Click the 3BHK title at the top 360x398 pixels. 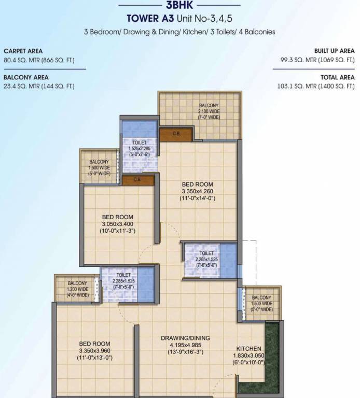click(179, 6)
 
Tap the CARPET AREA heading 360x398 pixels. click(23, 51)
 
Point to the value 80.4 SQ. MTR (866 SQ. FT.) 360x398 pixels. click(39, 60)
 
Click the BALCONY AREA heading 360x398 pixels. click(26, 77)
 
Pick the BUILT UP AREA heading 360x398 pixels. click(334, 51)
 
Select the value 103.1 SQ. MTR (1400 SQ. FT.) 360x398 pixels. click(316, 86)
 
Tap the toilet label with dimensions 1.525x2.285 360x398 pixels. click(139, 148)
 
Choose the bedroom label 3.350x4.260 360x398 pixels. click(197, 191)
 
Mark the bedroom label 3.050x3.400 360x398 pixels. click(118, 224)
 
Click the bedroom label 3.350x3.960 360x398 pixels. click(94, 350)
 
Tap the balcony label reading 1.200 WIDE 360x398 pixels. click(77, 289)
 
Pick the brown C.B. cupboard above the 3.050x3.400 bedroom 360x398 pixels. click(138, 180)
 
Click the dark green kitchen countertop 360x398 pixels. click(272, 358)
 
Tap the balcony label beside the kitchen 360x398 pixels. click(261, 303)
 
